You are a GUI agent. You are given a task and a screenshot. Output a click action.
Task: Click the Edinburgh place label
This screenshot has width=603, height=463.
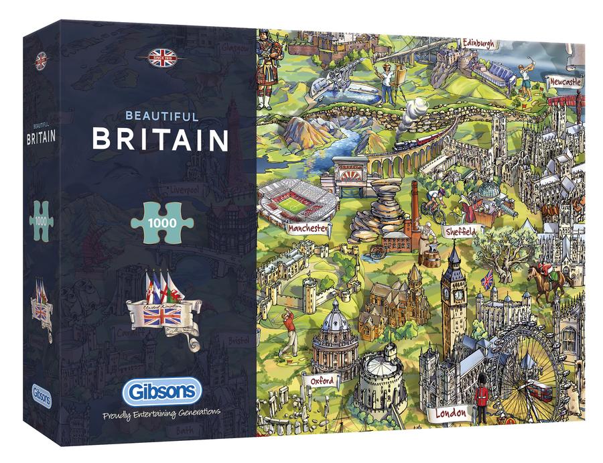click(x=478, y=44)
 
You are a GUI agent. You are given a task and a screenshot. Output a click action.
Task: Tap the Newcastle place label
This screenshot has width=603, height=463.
click(x=565, y=81)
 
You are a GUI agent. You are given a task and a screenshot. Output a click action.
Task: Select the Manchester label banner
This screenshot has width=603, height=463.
click(x=308, y=228)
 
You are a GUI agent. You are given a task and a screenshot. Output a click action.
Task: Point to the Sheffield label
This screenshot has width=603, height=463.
click(x=462, y=232)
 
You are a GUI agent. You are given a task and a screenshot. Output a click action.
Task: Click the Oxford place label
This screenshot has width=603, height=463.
click(x=322, y=381)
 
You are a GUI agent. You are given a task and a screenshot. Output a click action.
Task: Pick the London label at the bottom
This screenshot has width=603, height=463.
click(x=450, y=413)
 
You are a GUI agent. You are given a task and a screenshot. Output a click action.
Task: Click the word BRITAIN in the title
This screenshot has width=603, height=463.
click(x=160, y=139)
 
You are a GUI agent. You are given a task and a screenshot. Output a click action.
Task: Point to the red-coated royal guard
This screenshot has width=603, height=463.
click(x=481, y=401)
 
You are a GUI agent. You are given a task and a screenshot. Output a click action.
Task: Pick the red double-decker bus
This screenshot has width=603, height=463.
click(x=539, y=390)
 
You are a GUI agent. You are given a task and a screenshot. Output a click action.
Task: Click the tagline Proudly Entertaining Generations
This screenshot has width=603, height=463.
click(x=161, y=414)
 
